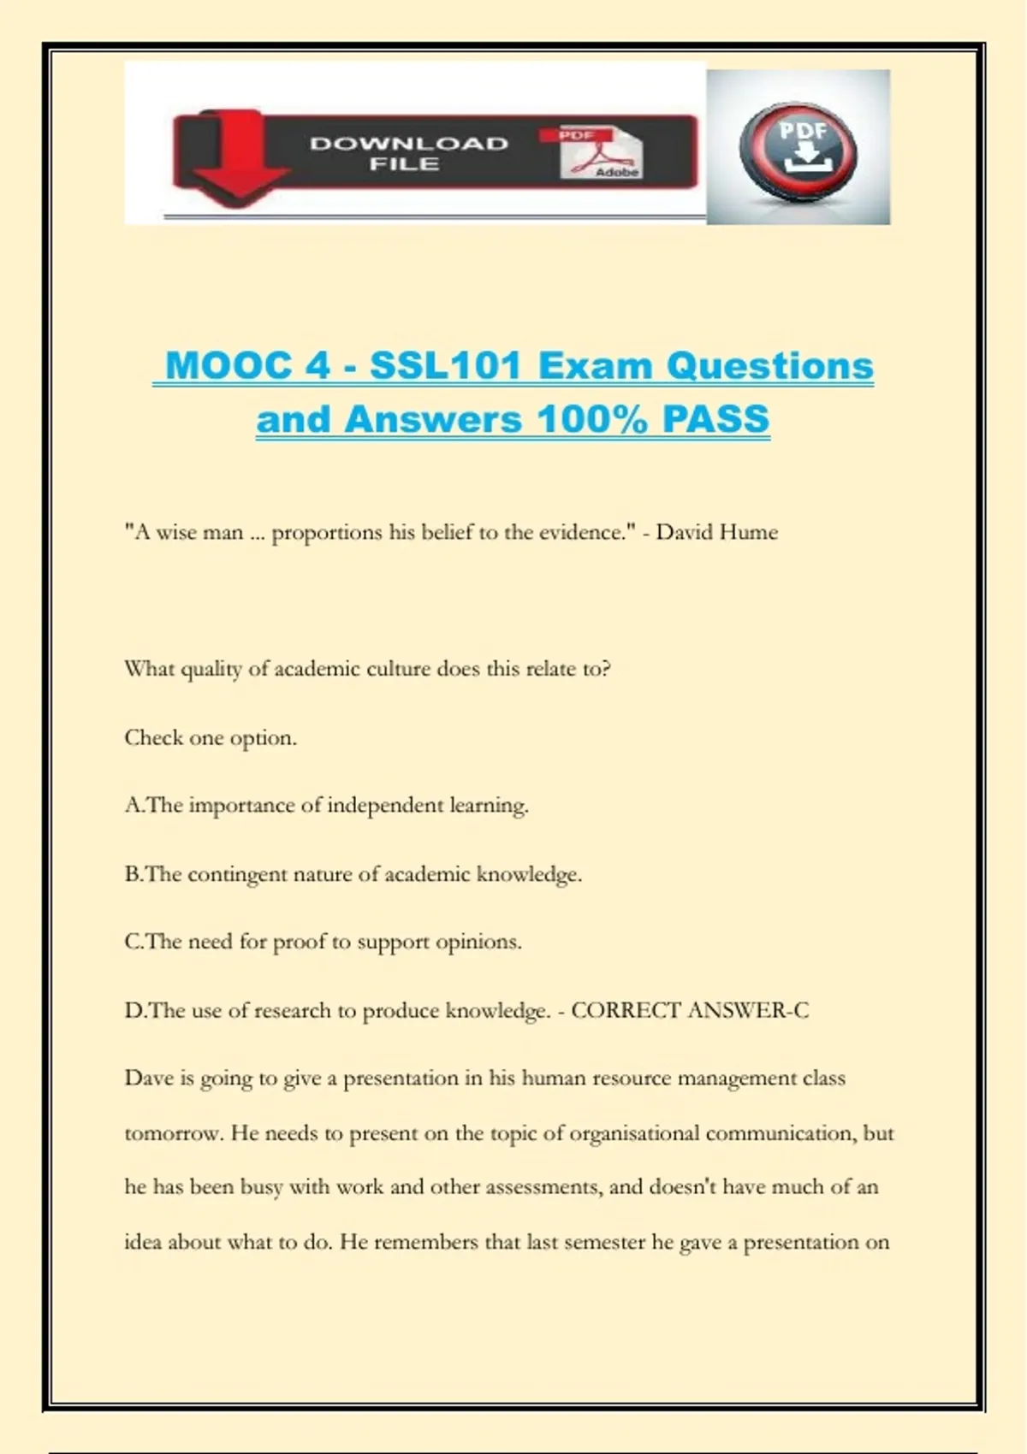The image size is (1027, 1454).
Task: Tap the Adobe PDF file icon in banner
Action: click(x=600, y=153)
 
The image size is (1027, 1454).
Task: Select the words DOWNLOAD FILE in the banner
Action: click(x=408, y=153)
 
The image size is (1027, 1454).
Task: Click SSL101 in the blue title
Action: click(x=445, y=366)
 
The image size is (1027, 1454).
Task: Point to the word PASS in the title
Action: click(x=715, y=420)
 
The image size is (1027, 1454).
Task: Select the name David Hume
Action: click(x=716, y=532)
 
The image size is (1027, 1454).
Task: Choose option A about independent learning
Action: click(x=326, y=805)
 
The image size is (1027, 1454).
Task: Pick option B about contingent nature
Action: click(x=353, y=874)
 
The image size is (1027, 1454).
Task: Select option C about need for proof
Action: click(x=323, y=942)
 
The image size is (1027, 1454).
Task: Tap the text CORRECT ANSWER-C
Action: click(x=689, y=1010)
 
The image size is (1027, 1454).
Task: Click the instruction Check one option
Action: click(x=211, y=737)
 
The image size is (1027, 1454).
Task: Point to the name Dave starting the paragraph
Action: click(x=149, y=1078)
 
